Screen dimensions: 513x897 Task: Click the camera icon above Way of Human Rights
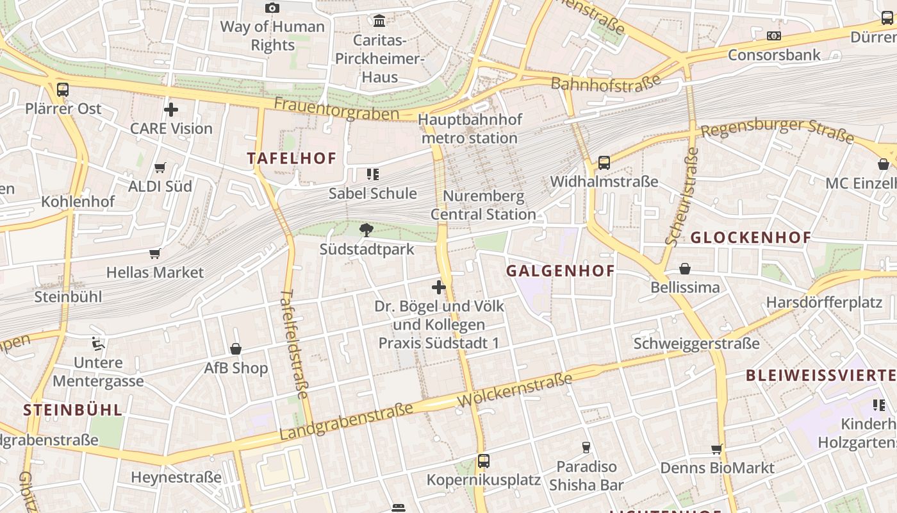click(x=272, y=8)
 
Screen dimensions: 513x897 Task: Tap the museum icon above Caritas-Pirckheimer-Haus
click(x=379, y=21)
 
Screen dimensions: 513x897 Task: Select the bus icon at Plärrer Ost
click(x=63, y=90)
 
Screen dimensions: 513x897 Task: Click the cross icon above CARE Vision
click(x=171, y=110)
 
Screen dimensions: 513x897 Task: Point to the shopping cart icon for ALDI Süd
click(x=160, y=168)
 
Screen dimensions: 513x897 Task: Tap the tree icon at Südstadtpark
click(x=366, y=230)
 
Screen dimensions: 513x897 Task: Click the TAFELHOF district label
click(x=292, y=158)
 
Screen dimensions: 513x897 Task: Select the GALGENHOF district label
click(x=561, y=271)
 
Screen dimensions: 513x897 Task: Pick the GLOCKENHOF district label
click(x=750, y=237)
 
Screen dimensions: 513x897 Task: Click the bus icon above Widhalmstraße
click(x=604, y=163)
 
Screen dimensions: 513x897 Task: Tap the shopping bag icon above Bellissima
click(x=685, y=268)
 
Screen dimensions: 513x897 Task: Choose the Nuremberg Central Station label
click(x=483, y=205)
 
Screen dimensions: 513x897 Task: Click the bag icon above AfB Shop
click(x=236, y=349)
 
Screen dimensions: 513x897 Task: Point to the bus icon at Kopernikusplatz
click(x=484, y=461)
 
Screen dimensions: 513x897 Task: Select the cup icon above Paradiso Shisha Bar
click(x=586, y=447)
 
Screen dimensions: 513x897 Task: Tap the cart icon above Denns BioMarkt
click(x=717, y=450)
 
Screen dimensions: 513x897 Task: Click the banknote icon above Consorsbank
click(x=774, y=36)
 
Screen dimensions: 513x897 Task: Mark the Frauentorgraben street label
click(x=336, y=109)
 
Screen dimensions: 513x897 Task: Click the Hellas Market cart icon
click(x=154, y=253)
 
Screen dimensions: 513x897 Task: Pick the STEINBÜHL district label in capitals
click(x=72, y=410)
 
